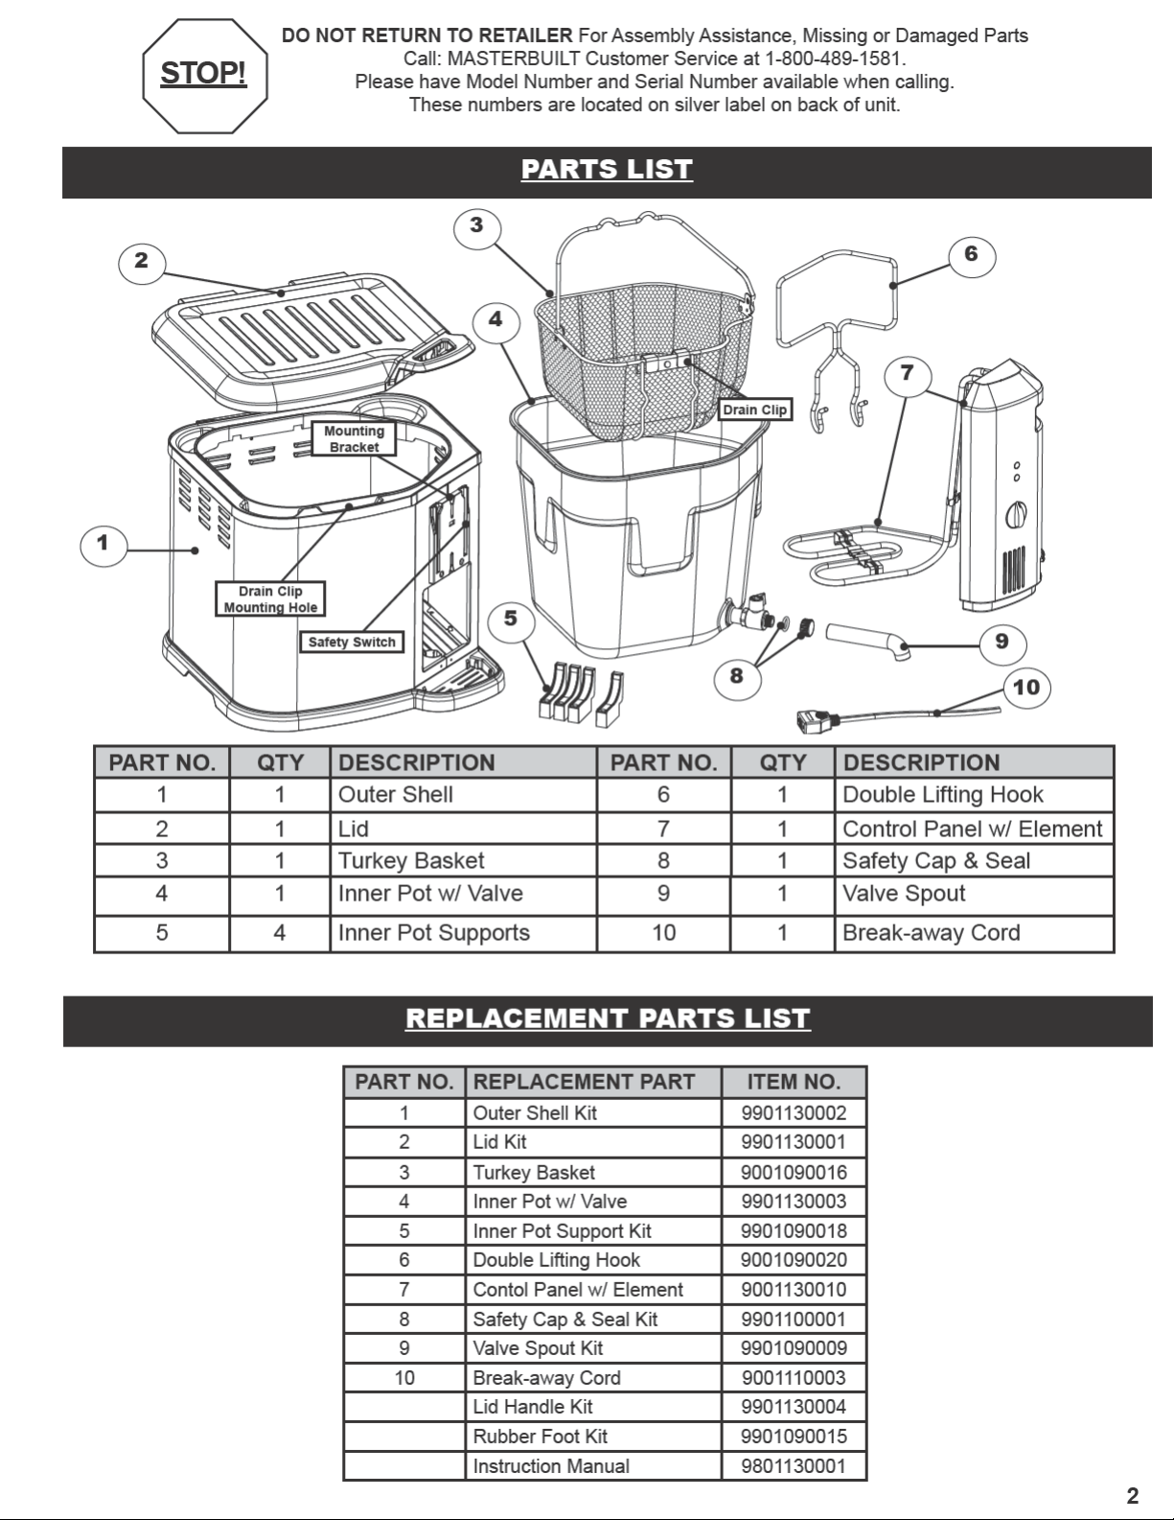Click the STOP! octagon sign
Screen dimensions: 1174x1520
click(x=204, y=76)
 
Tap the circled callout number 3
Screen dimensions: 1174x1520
click(x=476, y=226)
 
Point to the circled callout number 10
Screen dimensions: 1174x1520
click(x=1025, y=688)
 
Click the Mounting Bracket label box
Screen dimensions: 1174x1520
click(x=354, y=438)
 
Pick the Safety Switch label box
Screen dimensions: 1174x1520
click(x=352, y=643)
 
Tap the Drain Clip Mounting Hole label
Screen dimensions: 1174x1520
click(x=270, y=598)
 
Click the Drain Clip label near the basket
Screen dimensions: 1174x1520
click(x=755, y=409)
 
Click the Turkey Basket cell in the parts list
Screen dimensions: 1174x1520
click(x=411, y=860)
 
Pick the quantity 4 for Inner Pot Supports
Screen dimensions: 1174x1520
click(x=280, y=932)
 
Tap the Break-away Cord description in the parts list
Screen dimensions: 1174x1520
click(x=931, y=932)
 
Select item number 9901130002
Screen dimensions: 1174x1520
click(x=794, y=1112)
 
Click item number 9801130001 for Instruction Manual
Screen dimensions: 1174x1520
click(x=794, y=1465)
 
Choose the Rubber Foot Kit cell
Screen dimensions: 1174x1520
click(x=541, y=1436)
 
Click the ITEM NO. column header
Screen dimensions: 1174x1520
click(x=794, y=1082)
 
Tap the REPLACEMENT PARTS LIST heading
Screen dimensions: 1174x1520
click(x=608, y=1018)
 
